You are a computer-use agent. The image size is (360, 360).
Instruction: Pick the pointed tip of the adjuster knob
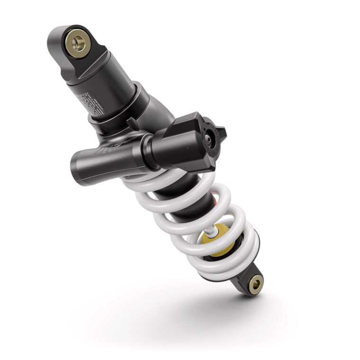225,133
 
